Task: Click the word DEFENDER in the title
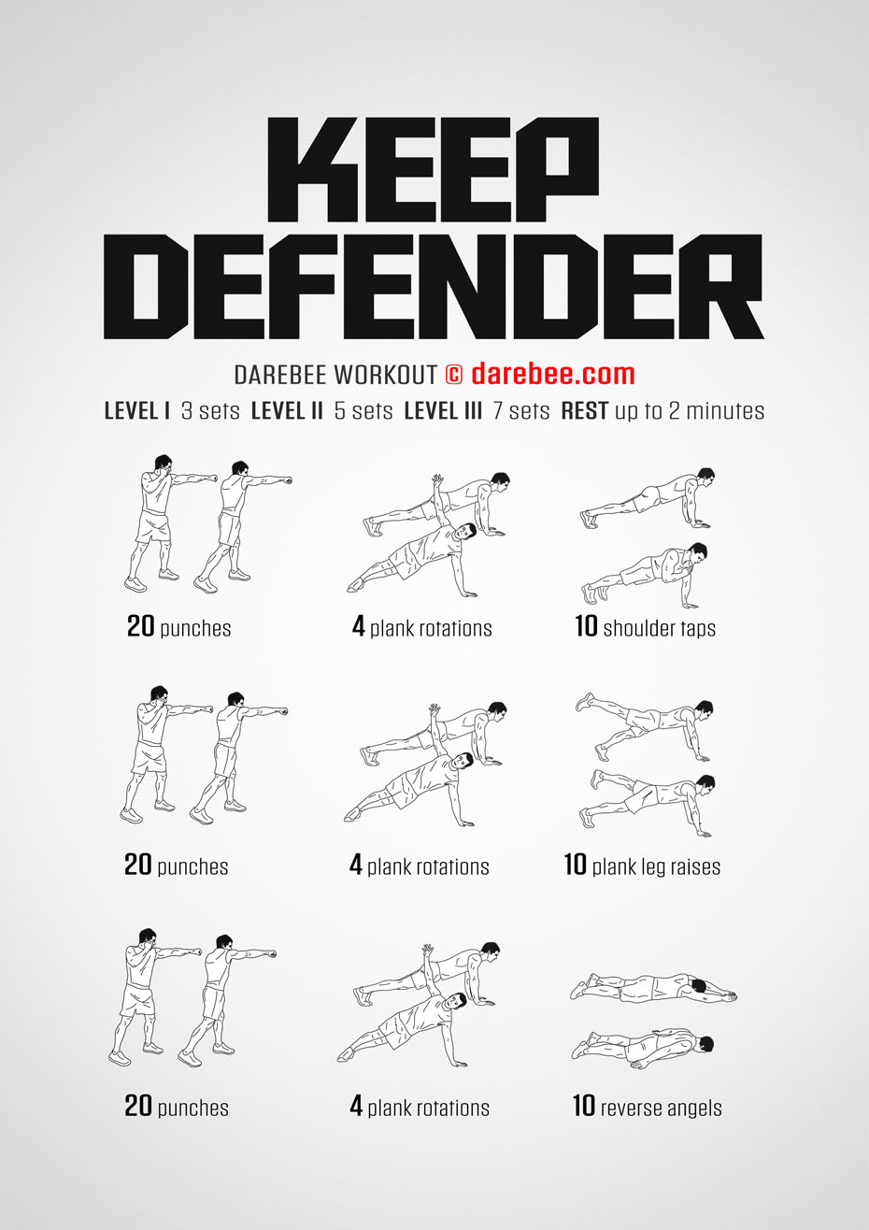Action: pos(434,287)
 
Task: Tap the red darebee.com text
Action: pos(553,374)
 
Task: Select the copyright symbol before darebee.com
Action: pos(453,375)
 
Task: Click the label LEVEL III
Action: pos(443,410)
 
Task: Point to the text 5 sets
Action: pos(363,410)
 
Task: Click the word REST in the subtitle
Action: pos(584,410)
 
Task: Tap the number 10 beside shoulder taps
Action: pos(586,625)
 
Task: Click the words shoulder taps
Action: pos(660,628)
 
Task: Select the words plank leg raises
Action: pos(656,866)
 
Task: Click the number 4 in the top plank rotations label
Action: pos(359,626)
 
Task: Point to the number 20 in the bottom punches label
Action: pos(137,1106)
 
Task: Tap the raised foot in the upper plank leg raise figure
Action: pos(585,701)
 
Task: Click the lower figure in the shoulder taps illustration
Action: pos(646,575)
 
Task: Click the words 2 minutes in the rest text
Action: pos(717,410)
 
